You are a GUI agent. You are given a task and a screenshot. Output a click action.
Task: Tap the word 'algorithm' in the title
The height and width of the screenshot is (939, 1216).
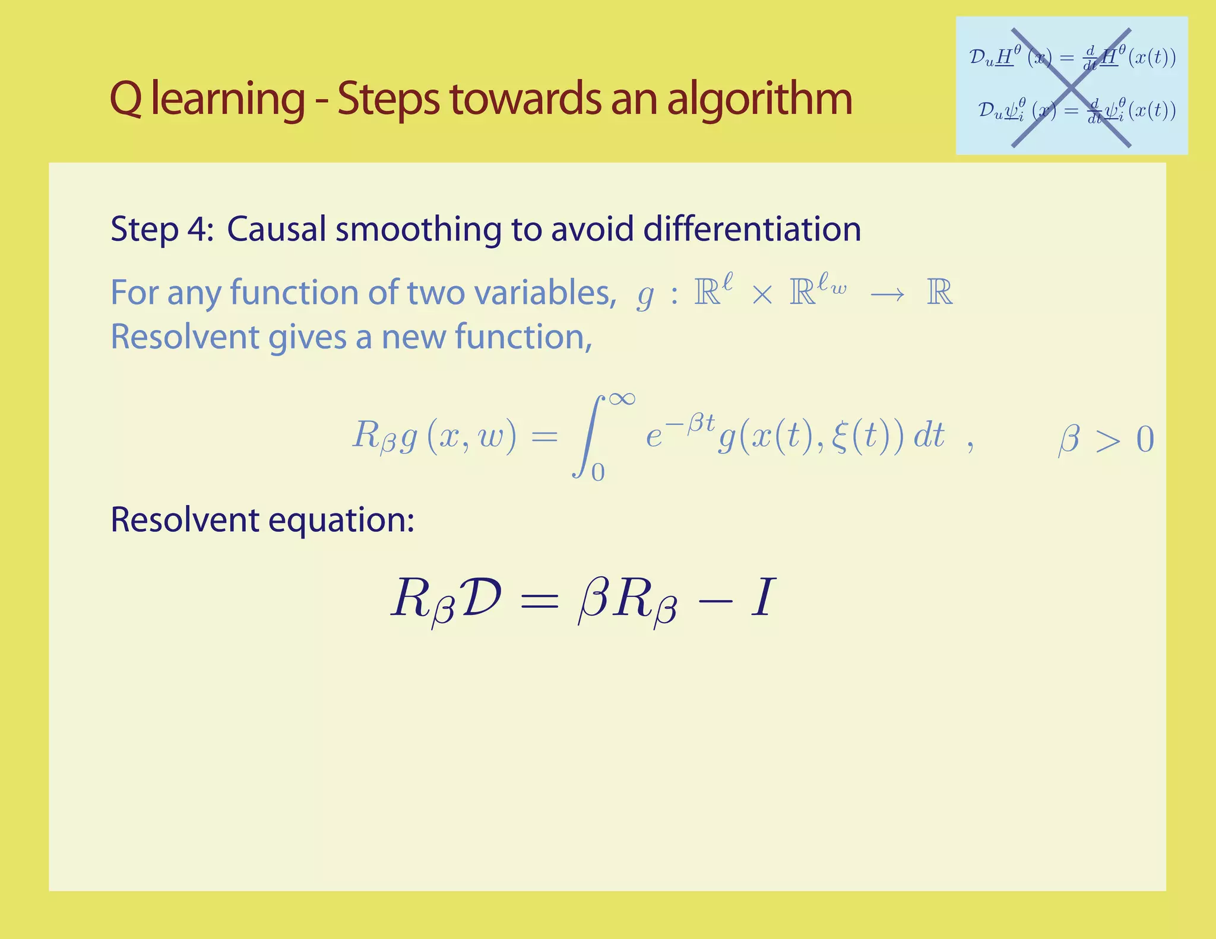pyautogui.click(x=759, y=99)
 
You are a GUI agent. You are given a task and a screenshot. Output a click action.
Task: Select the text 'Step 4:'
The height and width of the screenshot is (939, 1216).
pyautogui.click(x=161, y=229)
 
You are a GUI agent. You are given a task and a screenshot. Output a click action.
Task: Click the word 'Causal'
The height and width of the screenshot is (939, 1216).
pyautogui.click(x=276, y=229)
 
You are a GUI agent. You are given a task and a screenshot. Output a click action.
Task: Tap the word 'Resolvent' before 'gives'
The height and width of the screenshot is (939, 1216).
pyautogui.click(x=185, y=337)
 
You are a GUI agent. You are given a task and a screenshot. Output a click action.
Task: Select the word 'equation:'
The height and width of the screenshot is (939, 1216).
pyautogui.click(x=341, y=520)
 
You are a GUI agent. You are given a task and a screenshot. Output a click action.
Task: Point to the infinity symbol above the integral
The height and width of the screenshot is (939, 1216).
pyautogui.click(x=622, y=398)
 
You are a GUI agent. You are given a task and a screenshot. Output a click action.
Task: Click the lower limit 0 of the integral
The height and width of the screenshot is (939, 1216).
pyautogui.click(x=598, y=472)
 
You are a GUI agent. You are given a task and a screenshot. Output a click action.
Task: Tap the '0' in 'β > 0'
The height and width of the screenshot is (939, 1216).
pyautogui.click(x=1145, y=440)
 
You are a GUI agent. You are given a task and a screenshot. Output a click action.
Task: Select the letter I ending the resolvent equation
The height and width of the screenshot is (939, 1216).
pyautogui.click(x=763, y=597)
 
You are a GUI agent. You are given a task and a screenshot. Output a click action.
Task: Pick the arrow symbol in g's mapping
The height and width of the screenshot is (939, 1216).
pyautogui.click(x=887, y=294)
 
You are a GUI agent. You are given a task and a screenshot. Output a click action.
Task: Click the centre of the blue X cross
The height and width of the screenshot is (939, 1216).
pyautogui.click(x=1071, y=87)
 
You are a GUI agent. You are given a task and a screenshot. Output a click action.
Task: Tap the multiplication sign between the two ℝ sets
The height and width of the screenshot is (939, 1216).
pyautogui.click(x=762, y=294)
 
